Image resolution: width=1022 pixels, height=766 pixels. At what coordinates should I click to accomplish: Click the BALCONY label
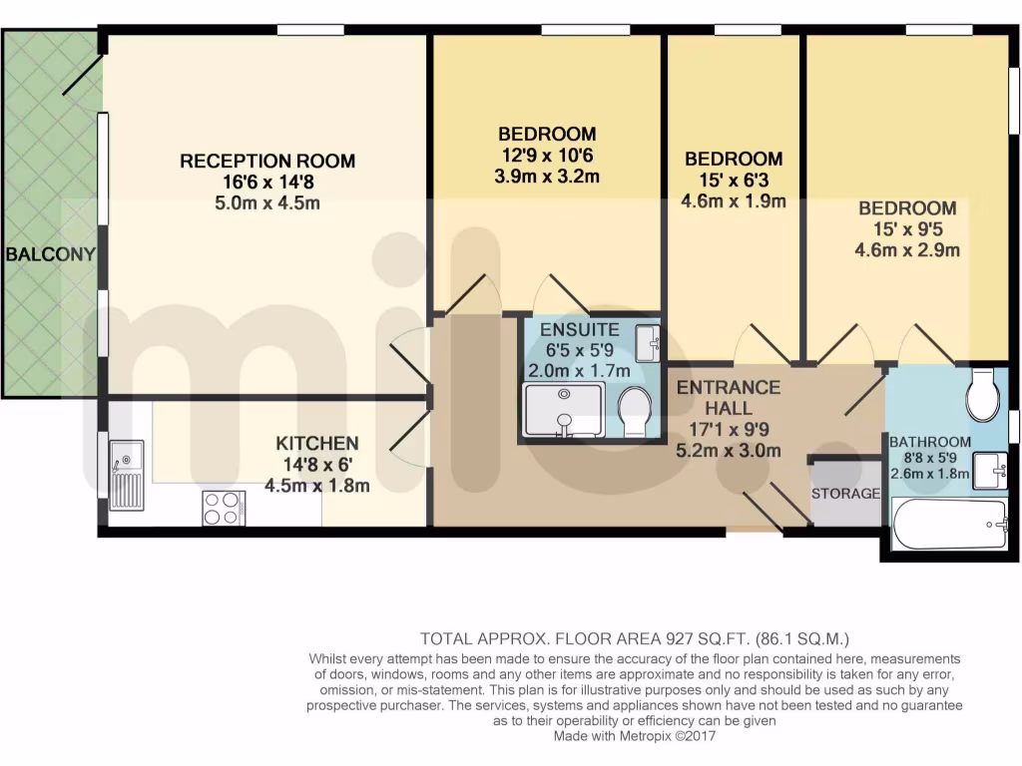[x=50, y=254]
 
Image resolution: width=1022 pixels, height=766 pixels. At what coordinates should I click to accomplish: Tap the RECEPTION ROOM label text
[x=266, y=161]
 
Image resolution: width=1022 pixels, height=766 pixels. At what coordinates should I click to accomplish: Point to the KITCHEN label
[x=317, y=443]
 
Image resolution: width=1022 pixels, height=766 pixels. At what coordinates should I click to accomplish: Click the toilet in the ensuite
[x=634, y=411]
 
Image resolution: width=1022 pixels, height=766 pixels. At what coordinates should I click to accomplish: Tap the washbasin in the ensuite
[x=651, y=342]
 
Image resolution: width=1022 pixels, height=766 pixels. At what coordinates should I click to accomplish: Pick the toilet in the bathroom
[x=981, y=396]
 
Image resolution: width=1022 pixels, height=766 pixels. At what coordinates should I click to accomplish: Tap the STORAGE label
[x=845, y=493]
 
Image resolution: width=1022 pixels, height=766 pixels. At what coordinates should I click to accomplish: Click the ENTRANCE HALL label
[x=728, y=397]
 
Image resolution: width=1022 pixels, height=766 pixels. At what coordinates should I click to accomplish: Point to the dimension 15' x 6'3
[x=734, y=181]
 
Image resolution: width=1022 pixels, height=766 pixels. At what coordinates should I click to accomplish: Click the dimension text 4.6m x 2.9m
[x=908, y=250]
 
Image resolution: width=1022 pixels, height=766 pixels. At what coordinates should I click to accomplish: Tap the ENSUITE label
[x=579, y=329]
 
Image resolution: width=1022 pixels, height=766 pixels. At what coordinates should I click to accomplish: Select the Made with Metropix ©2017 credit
[x=636, y=736]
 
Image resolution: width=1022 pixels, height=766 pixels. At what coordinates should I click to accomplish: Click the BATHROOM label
[x=929, y=442]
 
